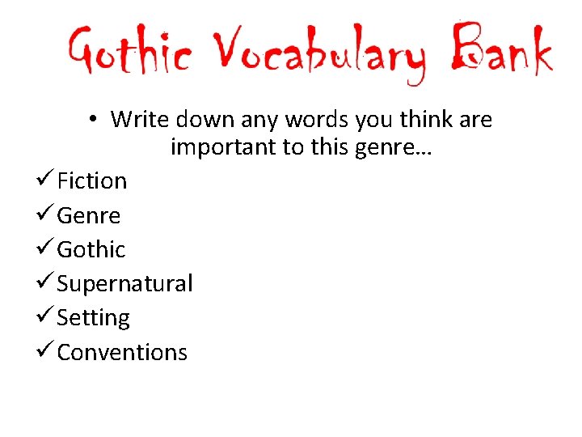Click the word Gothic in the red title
pos(129,53)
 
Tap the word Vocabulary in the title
pos(316,55)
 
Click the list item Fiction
pos(91,180)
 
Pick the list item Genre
pos(88,215)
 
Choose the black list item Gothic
pos(91,249)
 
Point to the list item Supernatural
pos(124,284)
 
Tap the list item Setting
pos(93,318)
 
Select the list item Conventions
pos(122,352)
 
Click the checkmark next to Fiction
pos(44,180)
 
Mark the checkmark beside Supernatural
pos(44,283)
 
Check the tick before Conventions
pos(44,351)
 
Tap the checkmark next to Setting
pos(44,317)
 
